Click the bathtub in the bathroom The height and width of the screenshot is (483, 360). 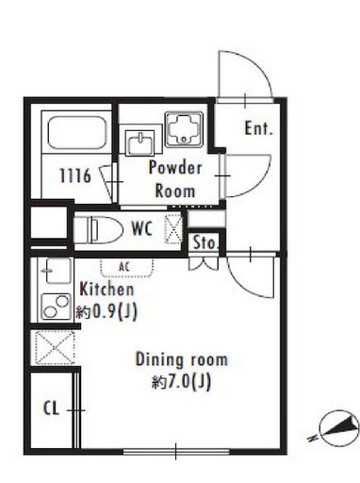point(77,132)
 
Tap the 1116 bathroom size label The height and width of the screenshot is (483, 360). point(75,175)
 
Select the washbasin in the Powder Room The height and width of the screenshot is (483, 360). point(139,143)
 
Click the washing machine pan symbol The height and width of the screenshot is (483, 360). point(184,129)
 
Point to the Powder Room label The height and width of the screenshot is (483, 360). point(175,179)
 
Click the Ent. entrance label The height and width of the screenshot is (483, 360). point(258,128)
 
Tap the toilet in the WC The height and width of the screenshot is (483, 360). point(98,230)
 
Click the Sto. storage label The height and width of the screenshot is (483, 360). point(205,242)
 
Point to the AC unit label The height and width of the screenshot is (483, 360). point(124,267)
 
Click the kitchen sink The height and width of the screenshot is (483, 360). point(58,270)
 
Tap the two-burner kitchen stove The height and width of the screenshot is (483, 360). point(57,307)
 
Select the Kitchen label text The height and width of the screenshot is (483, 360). point(106,290)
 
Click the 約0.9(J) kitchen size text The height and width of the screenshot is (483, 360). point(106,312)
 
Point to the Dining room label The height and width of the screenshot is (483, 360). point(182,359)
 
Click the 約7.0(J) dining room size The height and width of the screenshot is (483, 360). point(181,382)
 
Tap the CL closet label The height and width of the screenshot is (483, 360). point(51,408)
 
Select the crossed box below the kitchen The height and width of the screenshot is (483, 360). point(56,348)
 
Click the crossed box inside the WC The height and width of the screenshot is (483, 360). point(173,228)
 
